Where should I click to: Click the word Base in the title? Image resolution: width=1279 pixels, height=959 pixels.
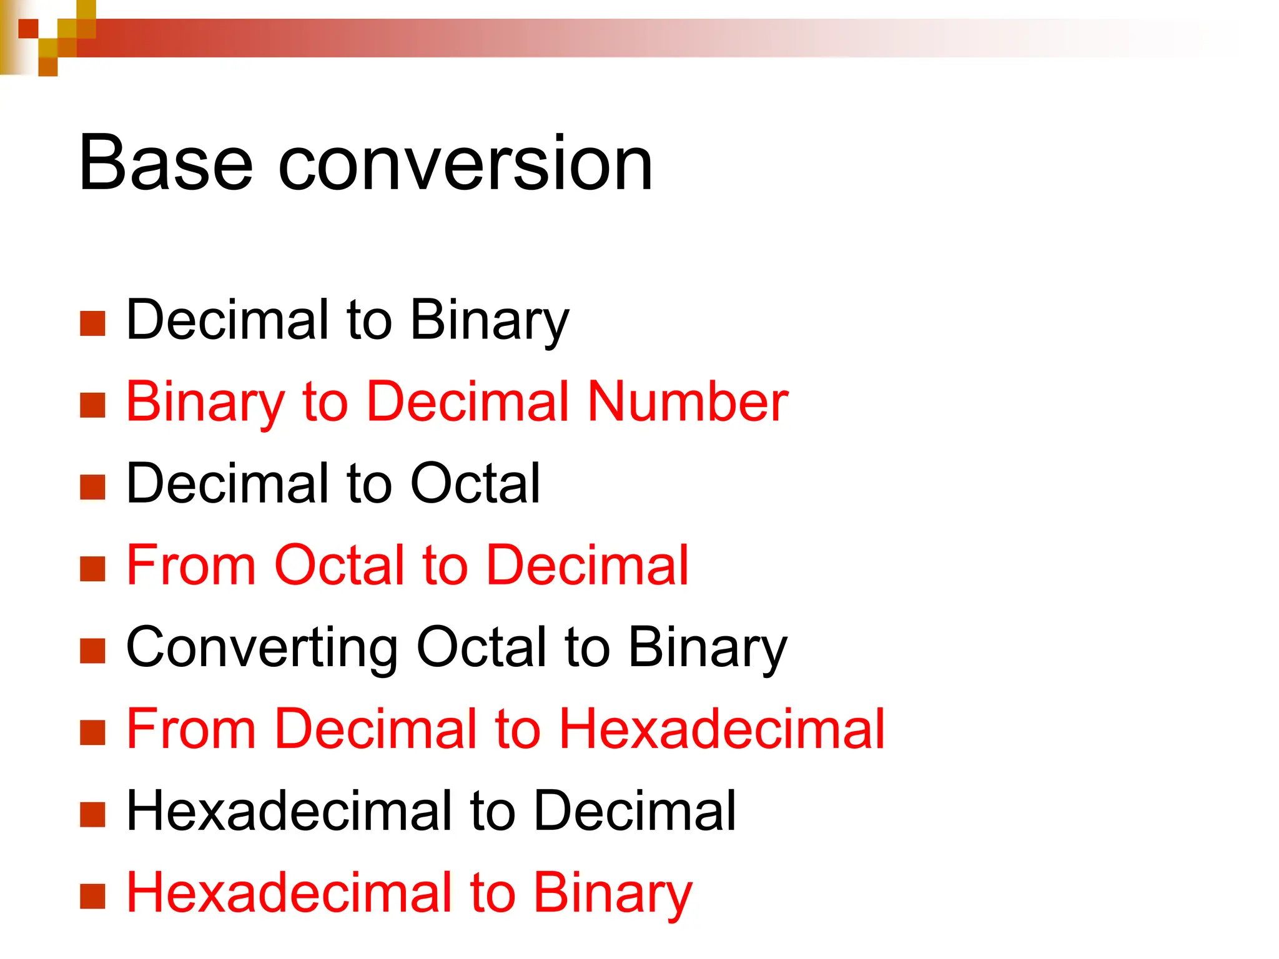pyautogui.click(x=165, y=164)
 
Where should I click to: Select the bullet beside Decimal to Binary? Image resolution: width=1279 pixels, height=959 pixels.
pyautogui.click(x=92, y=323)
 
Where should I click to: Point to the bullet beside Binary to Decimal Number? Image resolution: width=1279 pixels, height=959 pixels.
pyautogui.click(x=92, y=405)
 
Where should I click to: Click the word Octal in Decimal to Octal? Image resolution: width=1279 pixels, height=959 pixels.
pyautogui.click(x=475, y=483)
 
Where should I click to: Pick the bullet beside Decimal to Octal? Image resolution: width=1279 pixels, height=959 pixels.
pyautogui.click(x=92, y=487)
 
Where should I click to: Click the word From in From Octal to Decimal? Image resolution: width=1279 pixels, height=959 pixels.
pyautogui.click(x=191, y=565)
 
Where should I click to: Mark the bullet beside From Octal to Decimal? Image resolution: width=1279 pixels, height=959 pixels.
pyautogui.click(x=92, y=569)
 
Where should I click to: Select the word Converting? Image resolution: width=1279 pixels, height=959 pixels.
pyautogui.click(x=262, y=648)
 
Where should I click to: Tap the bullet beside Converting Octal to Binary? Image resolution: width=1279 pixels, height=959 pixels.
pyautogui.click(x=92, y=651)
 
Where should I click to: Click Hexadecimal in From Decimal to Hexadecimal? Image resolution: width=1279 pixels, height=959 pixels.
pyautogui.click(x=721, y=729)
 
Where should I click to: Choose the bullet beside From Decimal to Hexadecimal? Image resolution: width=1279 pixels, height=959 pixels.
pyautogui.click(x=92, y=732)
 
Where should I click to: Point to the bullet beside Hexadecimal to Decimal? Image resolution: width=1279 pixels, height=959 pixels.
pyautogui.click(x=92, y=814)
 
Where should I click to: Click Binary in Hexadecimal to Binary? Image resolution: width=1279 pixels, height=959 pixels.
pyautogui.click(x=613, y=893)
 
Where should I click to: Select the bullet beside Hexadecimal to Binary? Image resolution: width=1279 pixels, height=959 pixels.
pyautogui.click(x=92, y=896)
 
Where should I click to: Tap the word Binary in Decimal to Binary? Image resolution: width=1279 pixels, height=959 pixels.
pyautogui.click(x=490, y=321)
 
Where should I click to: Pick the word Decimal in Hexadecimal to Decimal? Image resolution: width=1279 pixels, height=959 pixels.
pyautogui.click(x=635, y=810)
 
